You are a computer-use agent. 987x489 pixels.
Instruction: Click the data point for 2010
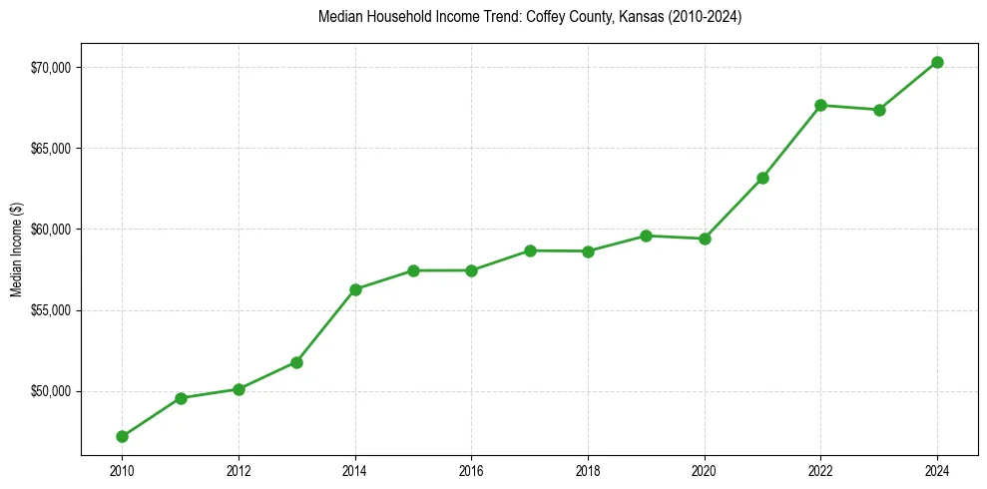click(122, 436)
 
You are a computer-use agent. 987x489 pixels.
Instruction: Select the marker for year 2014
click(355, 289)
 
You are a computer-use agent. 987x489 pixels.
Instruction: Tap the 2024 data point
click(937, 62)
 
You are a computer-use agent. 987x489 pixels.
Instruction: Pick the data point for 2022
click(820, 105)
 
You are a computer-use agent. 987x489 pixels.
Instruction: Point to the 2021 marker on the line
click(762, 178)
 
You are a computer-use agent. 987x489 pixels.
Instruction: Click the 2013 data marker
click(296, 362)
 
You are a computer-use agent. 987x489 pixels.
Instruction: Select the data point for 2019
click(646, 236)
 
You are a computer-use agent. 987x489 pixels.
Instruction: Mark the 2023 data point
click(879, 110)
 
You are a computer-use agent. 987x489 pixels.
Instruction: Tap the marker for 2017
click(530, 250)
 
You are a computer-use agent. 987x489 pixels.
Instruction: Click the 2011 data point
click(181, 398)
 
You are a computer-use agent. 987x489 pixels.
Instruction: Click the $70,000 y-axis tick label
click(51, 67)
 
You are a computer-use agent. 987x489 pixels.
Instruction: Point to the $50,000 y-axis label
click(51, 391)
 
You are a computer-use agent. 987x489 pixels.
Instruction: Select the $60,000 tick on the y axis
click(51, 230)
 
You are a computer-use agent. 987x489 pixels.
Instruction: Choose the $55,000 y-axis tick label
click(51, 310)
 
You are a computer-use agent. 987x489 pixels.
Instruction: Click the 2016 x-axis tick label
click(471, 470)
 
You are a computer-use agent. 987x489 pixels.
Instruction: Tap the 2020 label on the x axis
click(705, 470)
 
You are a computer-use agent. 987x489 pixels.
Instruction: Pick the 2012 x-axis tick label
click(239, 470)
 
